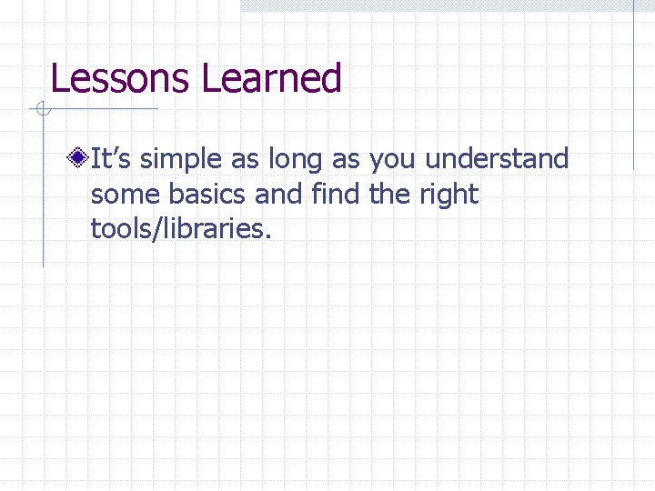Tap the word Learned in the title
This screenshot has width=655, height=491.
(x=271, y=79)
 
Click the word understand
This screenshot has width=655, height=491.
(x=497, y=160)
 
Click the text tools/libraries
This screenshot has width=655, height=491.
(x=180, y=229)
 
